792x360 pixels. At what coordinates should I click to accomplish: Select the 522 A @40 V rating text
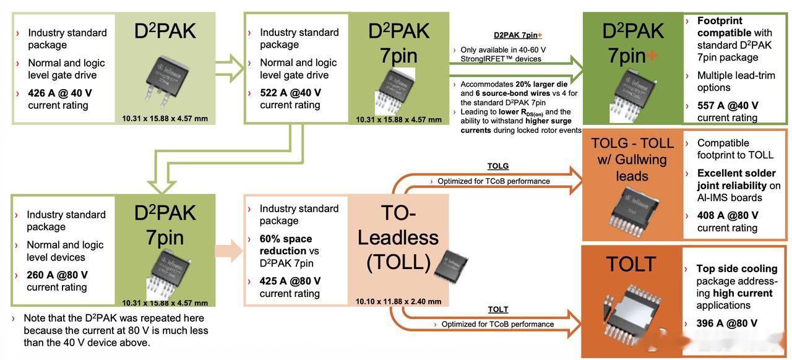(x=290, y=93)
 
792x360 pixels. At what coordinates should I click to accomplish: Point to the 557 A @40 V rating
(x=728, y=106)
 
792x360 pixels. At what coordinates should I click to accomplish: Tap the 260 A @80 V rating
(x=57, y=275)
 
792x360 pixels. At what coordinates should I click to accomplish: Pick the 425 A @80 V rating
(x=290, y=281)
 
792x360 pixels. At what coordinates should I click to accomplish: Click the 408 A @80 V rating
(x=728, y=216)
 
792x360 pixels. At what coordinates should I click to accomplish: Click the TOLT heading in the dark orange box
(x=631, y=265)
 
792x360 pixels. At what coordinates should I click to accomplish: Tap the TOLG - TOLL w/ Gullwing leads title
(x=632, y=160)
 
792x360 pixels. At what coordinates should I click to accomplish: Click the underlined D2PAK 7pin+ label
(x=518, y=35)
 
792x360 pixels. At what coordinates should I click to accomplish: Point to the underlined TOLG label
(x=498, y=166)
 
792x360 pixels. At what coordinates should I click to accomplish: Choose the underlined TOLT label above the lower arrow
(x=498, y=309)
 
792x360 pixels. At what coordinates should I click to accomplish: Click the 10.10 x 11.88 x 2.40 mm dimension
(x=398, y=301)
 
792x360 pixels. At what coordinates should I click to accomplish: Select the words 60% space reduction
(x=286, y=245)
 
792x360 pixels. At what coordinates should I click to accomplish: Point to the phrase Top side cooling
(x=736, y=269)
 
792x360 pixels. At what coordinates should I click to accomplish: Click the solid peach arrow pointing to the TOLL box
(x=229, y=251)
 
